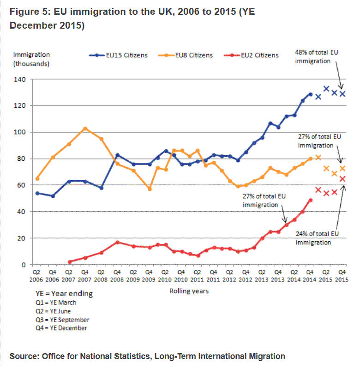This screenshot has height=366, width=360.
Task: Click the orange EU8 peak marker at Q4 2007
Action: (85, 128)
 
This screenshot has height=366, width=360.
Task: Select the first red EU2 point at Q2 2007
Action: (69, 262)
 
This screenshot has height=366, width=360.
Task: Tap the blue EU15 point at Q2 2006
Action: (37, 193)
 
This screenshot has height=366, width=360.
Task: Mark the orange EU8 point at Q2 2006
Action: (37, 179)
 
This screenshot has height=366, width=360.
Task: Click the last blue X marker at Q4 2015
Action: (342, 94)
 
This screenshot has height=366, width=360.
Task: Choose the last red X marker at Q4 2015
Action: (342, 179)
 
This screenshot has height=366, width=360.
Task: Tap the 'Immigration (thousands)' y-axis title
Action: (31, 59)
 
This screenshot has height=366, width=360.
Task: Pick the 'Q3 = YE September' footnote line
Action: (62, 320)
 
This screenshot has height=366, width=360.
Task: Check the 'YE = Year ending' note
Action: (64, 293)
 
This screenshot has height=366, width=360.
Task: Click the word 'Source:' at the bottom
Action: (24, 356)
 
